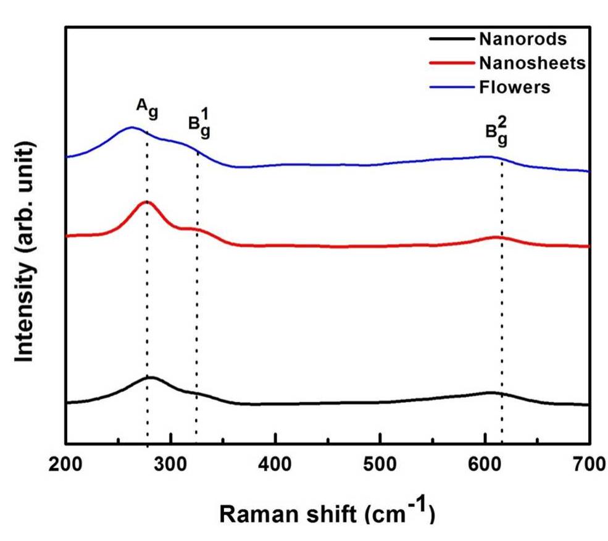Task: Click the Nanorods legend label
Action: pyautogui.click(x=522, y=39)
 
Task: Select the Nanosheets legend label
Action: pyautogui.click(x=531, y=63)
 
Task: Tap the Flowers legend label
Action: pyautogui.click(x=514, y=87)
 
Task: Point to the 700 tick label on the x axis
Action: pyautogui.click(x=589, y=463)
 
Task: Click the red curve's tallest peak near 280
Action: pyautogui.click(x=147, y=202)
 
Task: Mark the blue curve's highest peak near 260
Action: pyautogui.click(x=131, y=128)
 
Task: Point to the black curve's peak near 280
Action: pyautogui.click(x=149, y=376)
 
